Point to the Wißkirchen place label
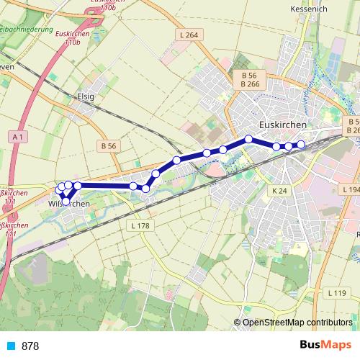coord(68,204)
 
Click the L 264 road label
coord(191,35)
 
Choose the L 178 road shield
coord(141,225)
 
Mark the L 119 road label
coord(336,293)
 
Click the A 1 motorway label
coord(19,136)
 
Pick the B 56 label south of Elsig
coord(109,145)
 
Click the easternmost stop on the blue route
coord(301,145)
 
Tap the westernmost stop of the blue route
coord(60,189)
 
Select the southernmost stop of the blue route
coord(66,201)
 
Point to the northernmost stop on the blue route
coord(248,138)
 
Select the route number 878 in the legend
coord(30,346)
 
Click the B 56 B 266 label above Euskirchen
coord(250,79)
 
